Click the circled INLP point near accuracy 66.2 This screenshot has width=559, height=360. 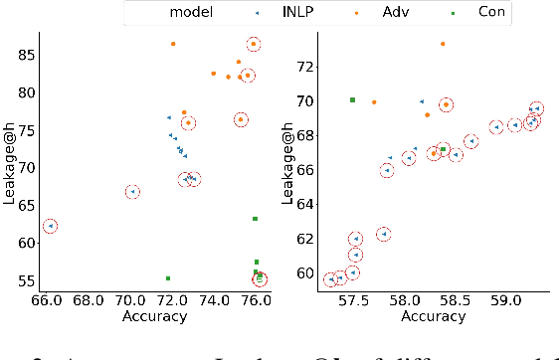point(50,226)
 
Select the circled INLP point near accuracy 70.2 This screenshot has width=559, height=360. point(133,191)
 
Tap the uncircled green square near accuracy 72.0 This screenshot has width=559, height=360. point(168,278)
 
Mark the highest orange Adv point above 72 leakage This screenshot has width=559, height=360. point(444,44)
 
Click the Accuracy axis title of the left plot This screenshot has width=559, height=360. point(154,317)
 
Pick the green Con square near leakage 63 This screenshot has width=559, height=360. point(256,219)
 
